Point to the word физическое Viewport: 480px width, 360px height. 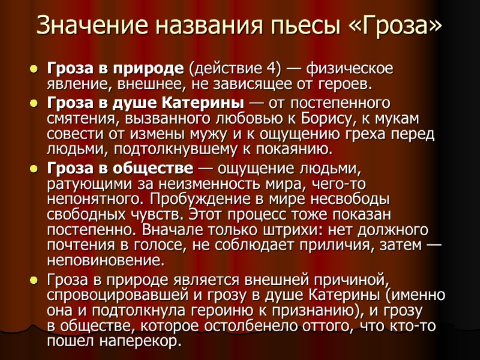(346, 68)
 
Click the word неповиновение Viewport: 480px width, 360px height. (105, 261)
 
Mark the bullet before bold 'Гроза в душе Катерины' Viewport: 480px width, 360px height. (34, 103)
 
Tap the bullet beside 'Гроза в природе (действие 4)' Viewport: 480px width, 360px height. (34, 69)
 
